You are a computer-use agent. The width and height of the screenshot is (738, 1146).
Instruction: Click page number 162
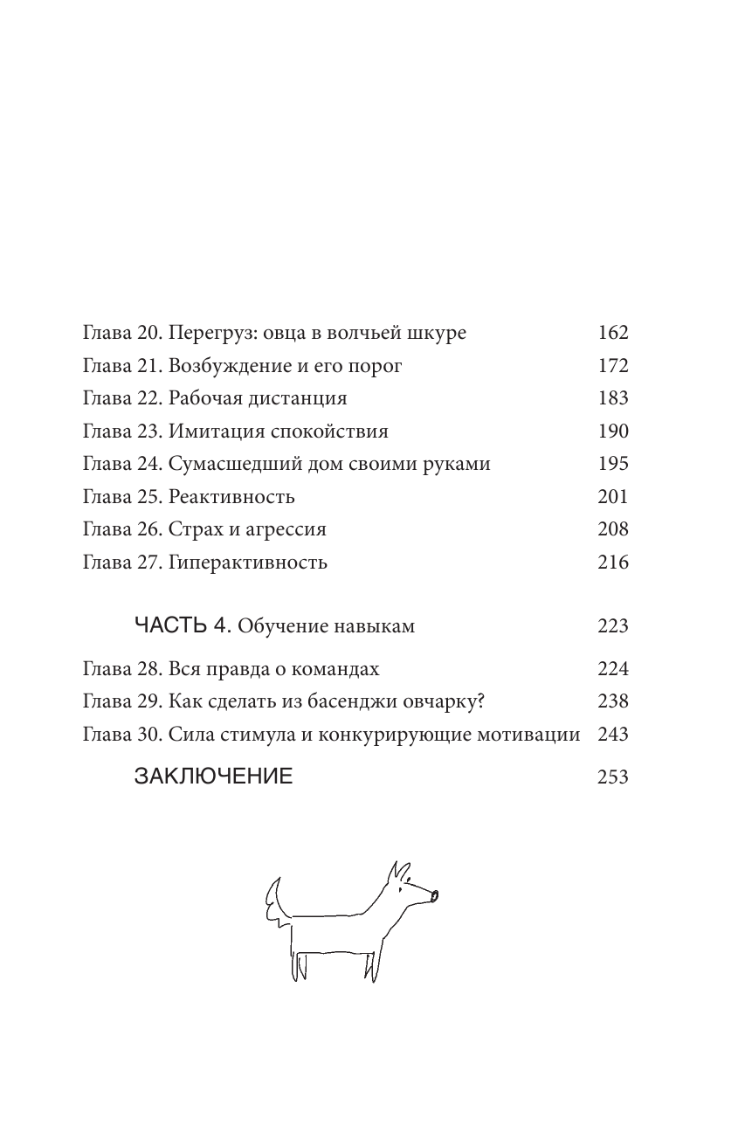[x=613, y=333]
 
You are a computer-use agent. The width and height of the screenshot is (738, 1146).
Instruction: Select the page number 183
[x=613, y=398]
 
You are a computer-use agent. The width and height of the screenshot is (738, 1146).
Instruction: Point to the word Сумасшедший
[x=231, y=464]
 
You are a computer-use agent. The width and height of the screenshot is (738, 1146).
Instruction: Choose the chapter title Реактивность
[x=231, y=497]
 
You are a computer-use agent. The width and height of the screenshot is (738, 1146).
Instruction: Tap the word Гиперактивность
[x=248, y=563]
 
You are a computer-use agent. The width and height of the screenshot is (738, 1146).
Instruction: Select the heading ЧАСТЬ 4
[x=182, y=625]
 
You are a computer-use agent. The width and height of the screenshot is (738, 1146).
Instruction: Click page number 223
[x=613, y=626]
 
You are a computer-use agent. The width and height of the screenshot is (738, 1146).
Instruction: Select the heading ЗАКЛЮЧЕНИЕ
[x=213, y=777]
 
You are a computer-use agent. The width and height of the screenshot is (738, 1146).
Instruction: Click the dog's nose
[x=434, y=894]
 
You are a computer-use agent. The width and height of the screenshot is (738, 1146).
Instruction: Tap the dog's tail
[x=274, y=900]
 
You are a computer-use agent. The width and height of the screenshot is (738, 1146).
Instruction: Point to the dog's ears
[x=399, y=873]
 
